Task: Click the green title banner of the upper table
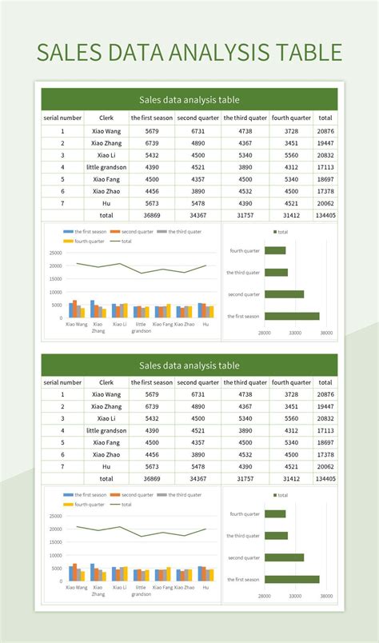pos(189,100)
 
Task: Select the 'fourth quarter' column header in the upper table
pos(292,118)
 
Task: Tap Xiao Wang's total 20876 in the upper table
pos(325,131)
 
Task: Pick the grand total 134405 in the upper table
pos(325,215)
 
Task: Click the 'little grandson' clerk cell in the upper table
pos(106,167)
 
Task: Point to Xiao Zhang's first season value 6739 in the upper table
pos(151,143)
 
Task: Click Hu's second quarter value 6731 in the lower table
pos(197,466)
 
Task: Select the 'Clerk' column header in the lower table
pos(106,382)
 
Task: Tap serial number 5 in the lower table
pos(62,442)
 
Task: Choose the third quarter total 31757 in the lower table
pos(245,478)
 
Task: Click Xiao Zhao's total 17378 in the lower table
pos(325,454)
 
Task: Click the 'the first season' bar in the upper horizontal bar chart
pos(292,316)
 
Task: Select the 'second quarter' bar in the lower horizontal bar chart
pos(284,557)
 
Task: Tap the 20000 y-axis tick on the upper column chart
pos(55,266)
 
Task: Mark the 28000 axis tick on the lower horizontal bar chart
pos(264,596)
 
